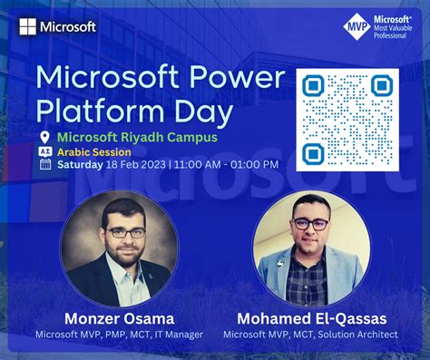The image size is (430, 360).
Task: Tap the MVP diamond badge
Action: pyautogui.click(x=357, y=27)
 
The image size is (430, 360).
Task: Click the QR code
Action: pyautogui.click(x=348, y=120)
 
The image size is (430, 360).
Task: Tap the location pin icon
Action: pyautogui.click(x=44, y=137)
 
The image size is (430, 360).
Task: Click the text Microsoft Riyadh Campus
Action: pyautogui.click(x=137, y=137)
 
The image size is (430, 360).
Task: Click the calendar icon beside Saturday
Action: pyautogui.click(x=44, y=165)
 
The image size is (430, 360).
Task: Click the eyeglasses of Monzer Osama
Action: pyautogui.click(x=123, y=233)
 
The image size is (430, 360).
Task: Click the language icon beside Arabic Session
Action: pyautogui.click(x=44, y=151)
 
